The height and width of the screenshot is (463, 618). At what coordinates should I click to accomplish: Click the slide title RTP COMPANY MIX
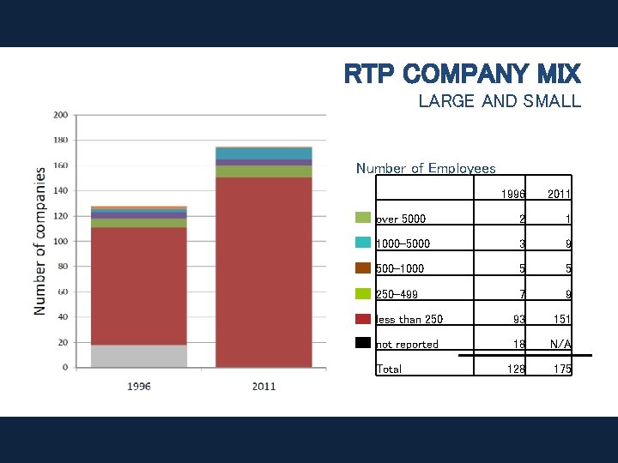(462, 74)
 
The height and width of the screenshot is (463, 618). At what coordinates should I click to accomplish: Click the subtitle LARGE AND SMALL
(499, 101)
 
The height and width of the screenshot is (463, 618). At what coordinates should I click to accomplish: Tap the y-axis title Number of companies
(40, 241)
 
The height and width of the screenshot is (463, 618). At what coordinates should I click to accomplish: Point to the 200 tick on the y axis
(61, 115)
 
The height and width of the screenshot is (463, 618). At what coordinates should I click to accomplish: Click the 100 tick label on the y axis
(61, 241)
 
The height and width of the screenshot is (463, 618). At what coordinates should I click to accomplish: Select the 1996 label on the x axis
(139, 386)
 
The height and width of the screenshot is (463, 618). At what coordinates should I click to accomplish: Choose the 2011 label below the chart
(264, 386)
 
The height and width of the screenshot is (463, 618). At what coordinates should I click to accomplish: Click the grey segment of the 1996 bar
(139, 356)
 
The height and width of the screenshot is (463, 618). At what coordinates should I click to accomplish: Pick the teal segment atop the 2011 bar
(264, 153)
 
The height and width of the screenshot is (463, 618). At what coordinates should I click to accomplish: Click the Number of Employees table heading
(426, 169)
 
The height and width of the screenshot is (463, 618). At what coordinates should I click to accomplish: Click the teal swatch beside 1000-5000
(362, 243)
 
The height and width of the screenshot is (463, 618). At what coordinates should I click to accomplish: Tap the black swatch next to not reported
(362, 343)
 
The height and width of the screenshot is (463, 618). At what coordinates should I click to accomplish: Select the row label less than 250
(409, 320)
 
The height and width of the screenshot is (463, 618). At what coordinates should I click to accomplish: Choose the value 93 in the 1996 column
(517, 320)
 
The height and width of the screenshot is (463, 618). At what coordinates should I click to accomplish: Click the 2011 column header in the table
(559, 195)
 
